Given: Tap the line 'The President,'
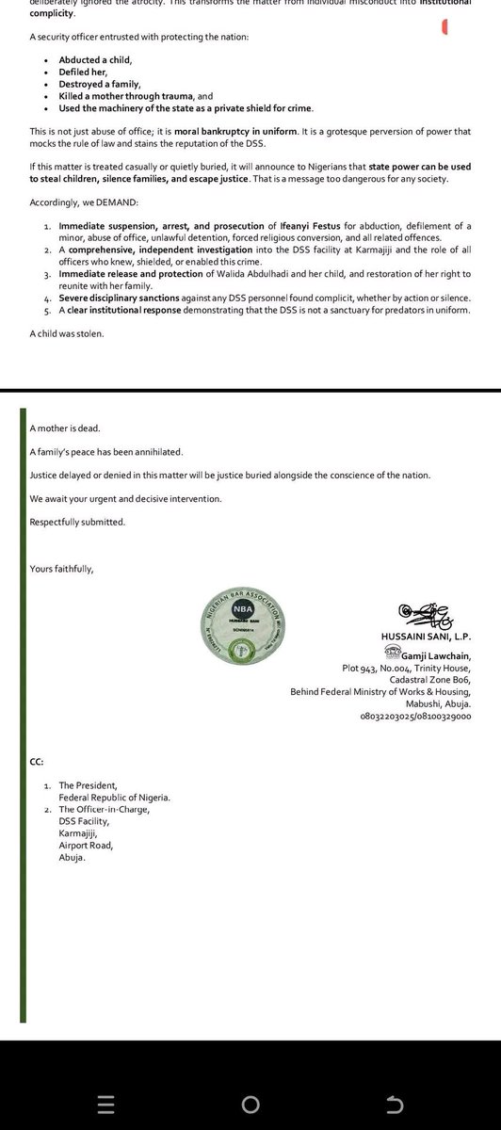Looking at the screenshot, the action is point(89,784).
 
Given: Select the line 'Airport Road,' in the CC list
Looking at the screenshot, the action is point(88,846).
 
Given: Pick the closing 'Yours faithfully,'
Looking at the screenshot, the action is point(62,569).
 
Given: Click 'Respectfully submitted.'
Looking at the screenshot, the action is point(77,522).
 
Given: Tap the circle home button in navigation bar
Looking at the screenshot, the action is point(250,1105).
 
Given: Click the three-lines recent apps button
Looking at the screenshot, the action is point(105,1105).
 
